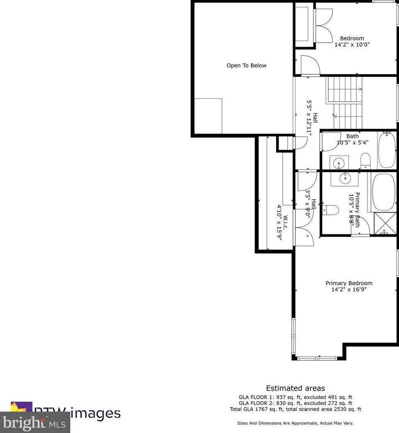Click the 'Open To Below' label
[246, 65]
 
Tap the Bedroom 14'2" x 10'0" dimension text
[352, 44]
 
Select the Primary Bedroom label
[349, 283]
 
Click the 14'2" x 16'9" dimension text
[349, 290]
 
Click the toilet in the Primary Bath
[331, 210]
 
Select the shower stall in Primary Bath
[385, 224]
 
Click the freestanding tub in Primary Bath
[384, 192]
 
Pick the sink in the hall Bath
[339, 162]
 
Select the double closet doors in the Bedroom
[324, 24]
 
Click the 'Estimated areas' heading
[295, 388]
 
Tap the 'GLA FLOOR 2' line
[295, 403]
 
